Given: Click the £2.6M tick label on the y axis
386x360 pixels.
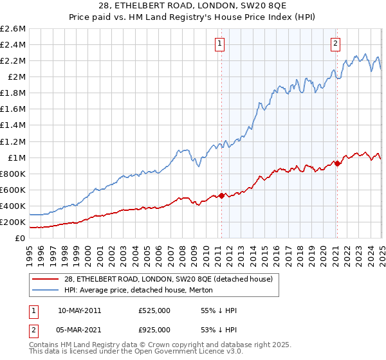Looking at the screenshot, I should coord(13,29).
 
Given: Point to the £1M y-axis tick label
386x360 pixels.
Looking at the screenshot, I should coord(17,157).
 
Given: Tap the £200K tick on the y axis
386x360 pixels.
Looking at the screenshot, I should coord(13,222).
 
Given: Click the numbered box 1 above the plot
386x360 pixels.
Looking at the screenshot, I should coord(220,44).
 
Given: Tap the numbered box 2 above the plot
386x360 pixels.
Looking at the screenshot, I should coord(336,44).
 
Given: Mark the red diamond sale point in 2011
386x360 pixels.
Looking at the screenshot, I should coord(221,195).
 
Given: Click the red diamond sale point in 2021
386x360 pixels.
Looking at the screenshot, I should coord(336,163).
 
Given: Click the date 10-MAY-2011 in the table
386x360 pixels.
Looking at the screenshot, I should coord(79,310).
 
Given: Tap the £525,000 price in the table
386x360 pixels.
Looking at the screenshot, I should coord(154,310).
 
